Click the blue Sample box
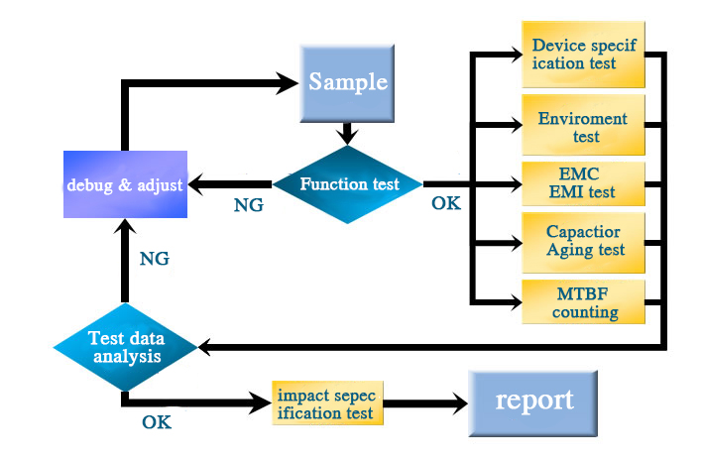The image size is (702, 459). point(347,83)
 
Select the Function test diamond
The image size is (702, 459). point(347,184)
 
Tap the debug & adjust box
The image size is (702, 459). point(125,184)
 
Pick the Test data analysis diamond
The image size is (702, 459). point(125,347)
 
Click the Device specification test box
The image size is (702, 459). point(583,55)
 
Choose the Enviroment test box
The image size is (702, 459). point(583,125)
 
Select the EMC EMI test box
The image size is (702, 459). point(583,183)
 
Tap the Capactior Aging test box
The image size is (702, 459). point(583,243)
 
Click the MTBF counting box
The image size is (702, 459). point(583,301)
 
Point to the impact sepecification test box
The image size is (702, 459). point(328,403)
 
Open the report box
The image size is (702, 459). point(533,403)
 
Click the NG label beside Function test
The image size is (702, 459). point(249,205)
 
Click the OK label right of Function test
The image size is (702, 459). point(446,203)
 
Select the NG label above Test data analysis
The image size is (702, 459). point(155,259)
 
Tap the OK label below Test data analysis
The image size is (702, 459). point(157,422)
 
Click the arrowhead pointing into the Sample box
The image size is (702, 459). point(287,83)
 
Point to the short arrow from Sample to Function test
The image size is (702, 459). point(347,134)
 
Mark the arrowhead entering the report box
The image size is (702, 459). point(457,403)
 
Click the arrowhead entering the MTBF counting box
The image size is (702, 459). point(513,301)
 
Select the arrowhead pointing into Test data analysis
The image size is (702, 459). point(205,347)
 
